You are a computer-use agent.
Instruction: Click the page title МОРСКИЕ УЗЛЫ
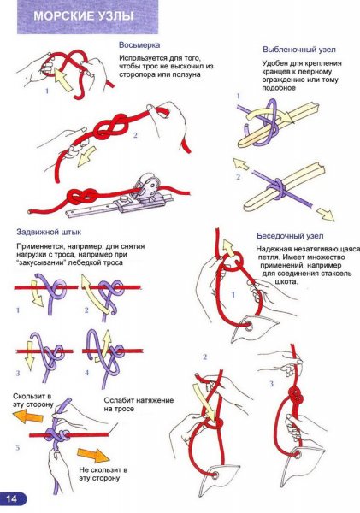(84, 15)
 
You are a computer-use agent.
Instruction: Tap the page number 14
(11, 499)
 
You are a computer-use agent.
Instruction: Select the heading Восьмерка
(139, 45)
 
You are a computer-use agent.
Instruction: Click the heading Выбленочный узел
(299, 50)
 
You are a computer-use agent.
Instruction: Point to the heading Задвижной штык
(49, 233)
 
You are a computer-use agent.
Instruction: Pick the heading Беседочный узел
(290, 236)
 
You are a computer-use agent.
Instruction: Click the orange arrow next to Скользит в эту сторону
(28, 416)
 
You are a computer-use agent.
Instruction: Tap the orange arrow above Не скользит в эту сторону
(93, 455)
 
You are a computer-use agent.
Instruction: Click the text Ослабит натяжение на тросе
(139, 404)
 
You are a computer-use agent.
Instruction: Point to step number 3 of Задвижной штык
(18, 373)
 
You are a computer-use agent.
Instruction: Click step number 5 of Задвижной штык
(18, 447)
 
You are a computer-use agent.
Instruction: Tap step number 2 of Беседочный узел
(205, 357)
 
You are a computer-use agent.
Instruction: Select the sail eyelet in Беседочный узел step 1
(248, 327)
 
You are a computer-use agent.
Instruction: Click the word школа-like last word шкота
(286, 281)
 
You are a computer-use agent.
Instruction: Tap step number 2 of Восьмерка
(135, 135)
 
